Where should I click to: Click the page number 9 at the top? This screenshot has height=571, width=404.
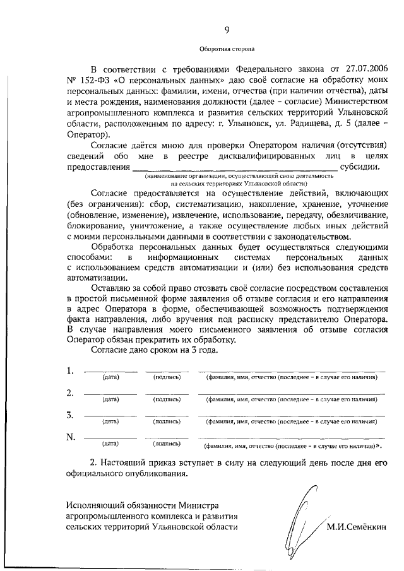(x=227, y=28)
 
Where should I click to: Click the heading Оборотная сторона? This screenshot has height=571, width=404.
(x=227, y=47)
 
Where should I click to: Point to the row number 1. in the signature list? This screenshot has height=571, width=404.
(x=71, y=370)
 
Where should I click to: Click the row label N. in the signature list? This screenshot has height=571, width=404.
(x=71, y=437)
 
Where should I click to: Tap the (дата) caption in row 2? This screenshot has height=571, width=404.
(x=111, y=400)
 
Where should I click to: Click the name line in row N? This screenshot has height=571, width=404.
(x=290, y=437)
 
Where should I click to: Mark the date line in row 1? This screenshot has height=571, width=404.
(x=110, y=370)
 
